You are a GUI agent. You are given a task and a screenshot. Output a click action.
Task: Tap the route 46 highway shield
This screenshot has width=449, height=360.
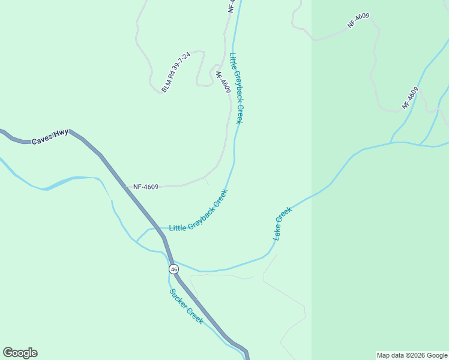tap(173, 269)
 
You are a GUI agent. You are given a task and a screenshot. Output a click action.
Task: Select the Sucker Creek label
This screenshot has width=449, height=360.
tap(186, 307)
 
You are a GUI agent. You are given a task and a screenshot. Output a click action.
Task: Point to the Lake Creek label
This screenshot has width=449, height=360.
tap(283, 224)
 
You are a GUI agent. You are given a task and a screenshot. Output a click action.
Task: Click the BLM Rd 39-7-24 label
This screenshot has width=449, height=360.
tap(176, 72)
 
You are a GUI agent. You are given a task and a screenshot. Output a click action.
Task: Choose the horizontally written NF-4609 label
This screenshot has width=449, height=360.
tap(146, 187)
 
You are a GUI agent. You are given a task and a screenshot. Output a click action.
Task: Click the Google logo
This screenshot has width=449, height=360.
tap(20, 353)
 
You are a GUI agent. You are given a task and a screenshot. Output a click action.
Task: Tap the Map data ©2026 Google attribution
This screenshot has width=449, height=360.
tap(412, 355)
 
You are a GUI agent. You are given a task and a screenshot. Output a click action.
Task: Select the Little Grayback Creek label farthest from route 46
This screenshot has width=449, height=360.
tap(238, 88)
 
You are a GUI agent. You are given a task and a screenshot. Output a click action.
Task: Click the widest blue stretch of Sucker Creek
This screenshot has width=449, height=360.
tap(66, 181)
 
